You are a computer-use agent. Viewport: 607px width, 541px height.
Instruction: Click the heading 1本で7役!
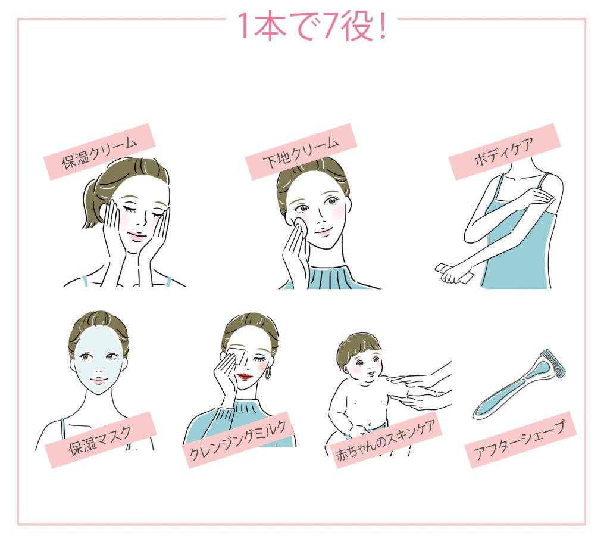click(312, 26)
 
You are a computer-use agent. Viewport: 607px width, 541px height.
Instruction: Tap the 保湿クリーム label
click(99, 152)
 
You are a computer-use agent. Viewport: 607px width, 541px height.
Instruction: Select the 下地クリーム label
click(301, 152)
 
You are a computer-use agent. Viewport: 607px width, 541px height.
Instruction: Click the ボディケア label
click(505, 152)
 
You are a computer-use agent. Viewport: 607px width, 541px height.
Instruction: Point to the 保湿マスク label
click(101, 440)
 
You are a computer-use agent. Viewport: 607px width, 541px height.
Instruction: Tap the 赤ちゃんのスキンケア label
click(386, 440)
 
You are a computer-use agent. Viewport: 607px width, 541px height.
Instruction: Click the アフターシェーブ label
click(520, 440)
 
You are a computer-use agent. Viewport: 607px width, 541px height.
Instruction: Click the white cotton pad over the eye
click(236, 356)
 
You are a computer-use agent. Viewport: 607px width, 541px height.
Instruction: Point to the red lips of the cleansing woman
click(245, 377)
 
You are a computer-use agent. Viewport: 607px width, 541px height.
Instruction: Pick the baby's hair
click(355, 347)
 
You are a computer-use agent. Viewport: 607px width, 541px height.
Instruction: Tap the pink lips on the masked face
click(98, 381)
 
